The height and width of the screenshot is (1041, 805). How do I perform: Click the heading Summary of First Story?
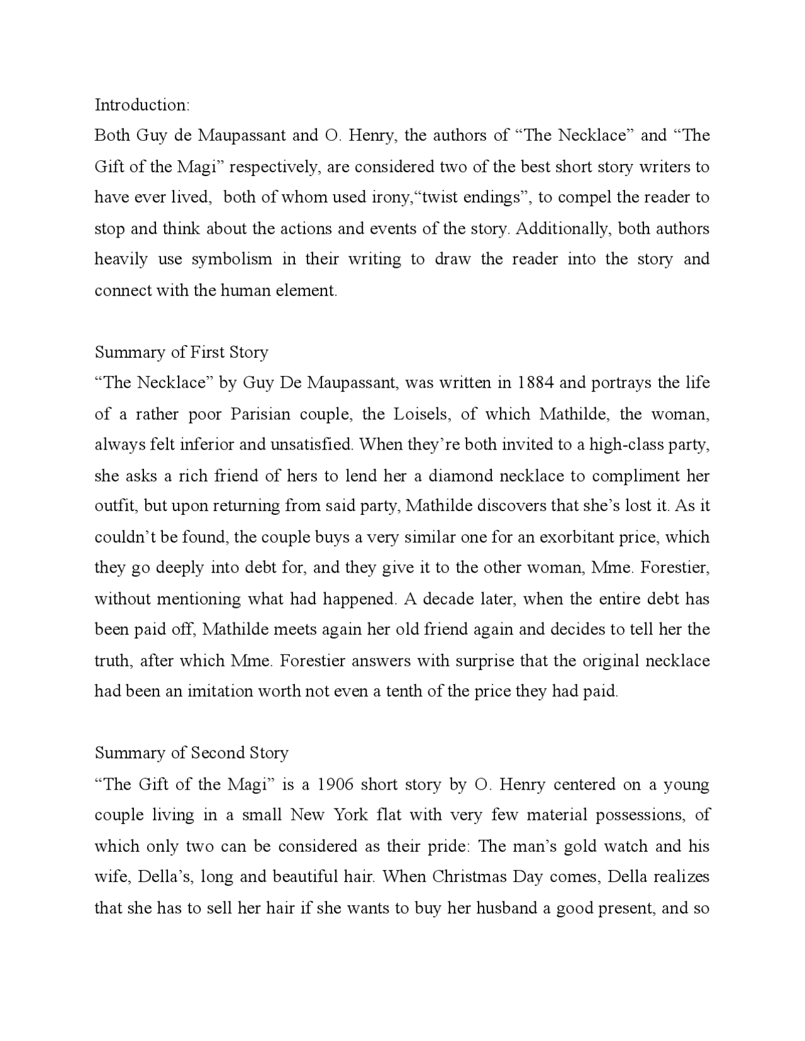click(181, 352)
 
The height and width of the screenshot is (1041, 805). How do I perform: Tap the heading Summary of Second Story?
click(191, 753)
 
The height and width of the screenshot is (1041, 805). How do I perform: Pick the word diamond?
click(461, 476)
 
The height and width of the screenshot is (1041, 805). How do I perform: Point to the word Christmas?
click(470, 877)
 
